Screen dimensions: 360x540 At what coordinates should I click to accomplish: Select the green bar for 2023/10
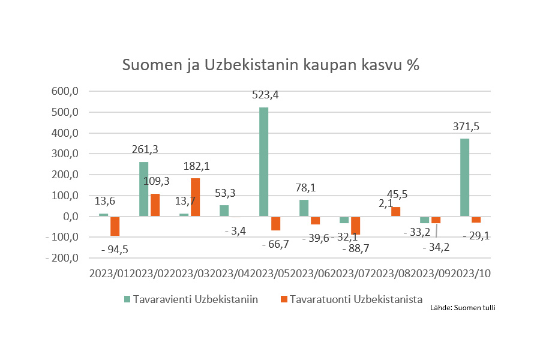pyautogui.click(x=464, y=178)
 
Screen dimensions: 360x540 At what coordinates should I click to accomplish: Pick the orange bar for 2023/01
pyautogui.click(x=115, y=226)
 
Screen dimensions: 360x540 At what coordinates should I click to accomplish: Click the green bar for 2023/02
pyautogui.click(x=143, y=189)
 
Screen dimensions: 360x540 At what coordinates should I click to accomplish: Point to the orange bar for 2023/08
pyautogui.click(x=395, y=212)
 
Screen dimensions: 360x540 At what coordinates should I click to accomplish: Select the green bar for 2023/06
pyautogui.click(x=304, y=208)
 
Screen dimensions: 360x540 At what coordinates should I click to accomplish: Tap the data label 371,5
pyautogui.click(x=466, y=126)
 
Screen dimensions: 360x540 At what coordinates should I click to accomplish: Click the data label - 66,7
pyautogui.click(x=277, y=244)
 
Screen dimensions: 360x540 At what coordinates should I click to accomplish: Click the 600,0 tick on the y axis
pyautogui.click(x=67, y=92)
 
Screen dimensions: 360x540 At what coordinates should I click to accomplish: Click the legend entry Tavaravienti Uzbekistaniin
pyautogui.click(x=195, y=299)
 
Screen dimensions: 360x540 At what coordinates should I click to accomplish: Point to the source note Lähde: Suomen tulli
pyautogui.click(x=463, y=308)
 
